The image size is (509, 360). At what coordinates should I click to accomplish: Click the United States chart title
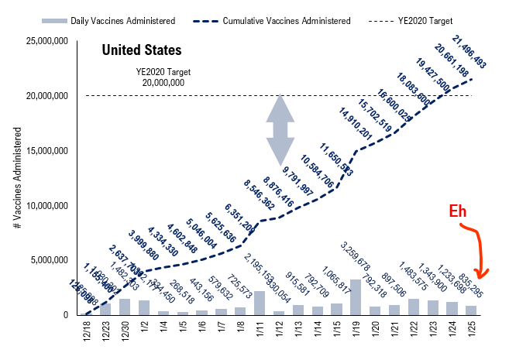[x=142, y=50]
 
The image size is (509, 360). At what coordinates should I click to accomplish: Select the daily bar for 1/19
[x=356, y=297]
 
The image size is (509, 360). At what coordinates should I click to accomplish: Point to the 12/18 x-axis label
[x=86, y=335]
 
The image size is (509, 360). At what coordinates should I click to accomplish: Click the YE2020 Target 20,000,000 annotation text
[x=163, y=77]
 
